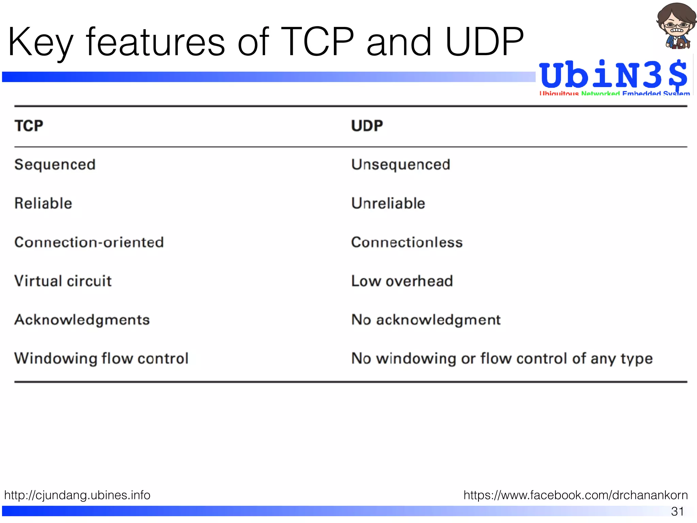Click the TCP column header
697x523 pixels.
click(x=29, y=126)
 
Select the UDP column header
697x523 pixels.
click(x=367, y=126)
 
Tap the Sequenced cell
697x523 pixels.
click(x=55, y=165)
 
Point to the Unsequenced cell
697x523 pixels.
click(x=401, y=165)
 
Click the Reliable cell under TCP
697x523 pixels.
click(x=43, y=203)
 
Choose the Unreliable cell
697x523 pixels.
click(x=388, y=203)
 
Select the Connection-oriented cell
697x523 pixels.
click(x=89, y=242)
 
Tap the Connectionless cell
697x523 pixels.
click(x=407, y=242)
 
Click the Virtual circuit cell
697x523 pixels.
click(x=63, y=281)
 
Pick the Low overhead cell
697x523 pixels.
click(x=402, y=281)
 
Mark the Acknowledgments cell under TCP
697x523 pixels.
click(x=82, y=320)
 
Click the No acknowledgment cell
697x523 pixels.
click(x=426, y=320)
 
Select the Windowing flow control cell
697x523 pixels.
click(x=101, y=359)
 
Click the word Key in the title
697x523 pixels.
click(x=40, y=43)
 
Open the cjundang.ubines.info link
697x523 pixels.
click(x=77, y=495)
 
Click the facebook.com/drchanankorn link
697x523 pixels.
click(x=576, y=495)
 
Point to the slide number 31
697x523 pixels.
click(x=677, y=511)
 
